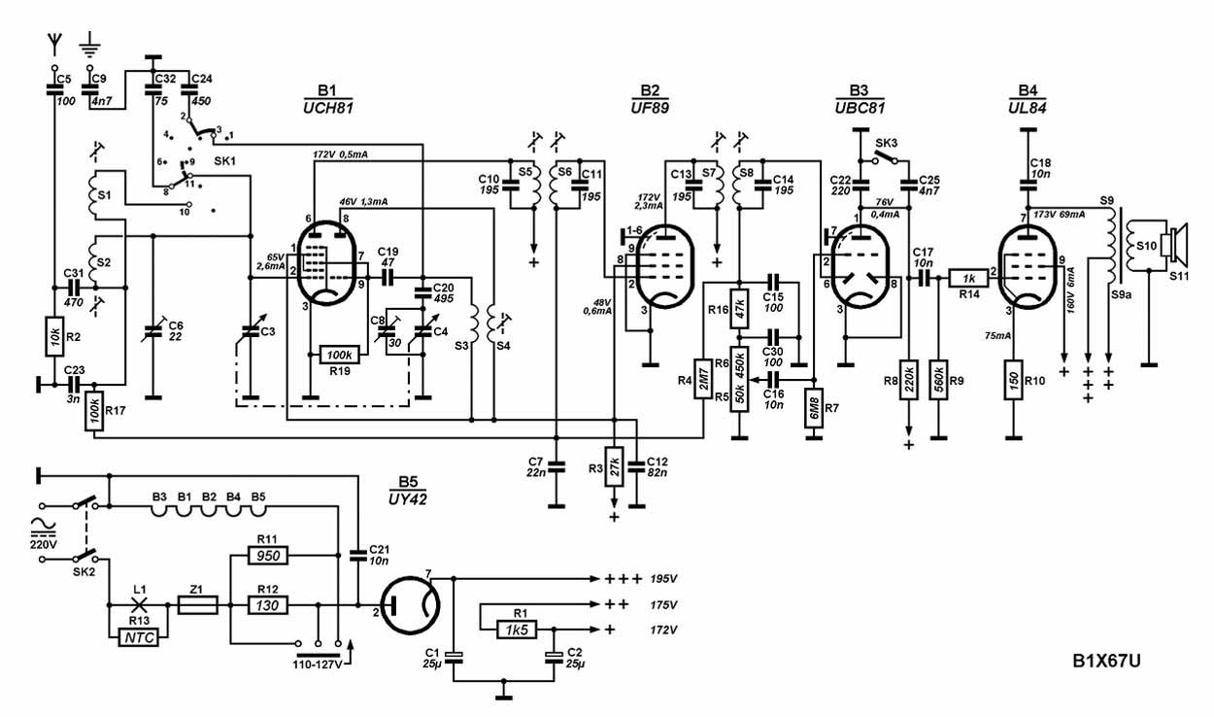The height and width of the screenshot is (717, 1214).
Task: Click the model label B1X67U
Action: pyautogui.click(x=1106, y=662)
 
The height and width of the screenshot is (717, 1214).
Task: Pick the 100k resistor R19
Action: pyautogui.click(x=341, y=356)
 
